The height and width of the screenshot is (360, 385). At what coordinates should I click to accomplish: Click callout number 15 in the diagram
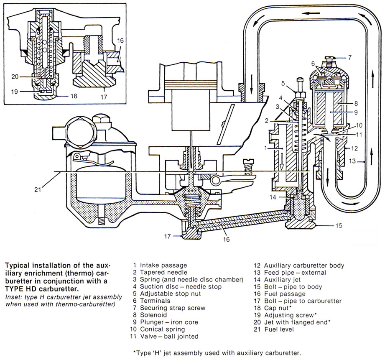pos(339,225)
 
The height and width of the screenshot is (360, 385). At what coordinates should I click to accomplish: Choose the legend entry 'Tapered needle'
pos(156,272)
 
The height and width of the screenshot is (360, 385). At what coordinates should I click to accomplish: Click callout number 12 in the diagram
pos(355,148)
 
